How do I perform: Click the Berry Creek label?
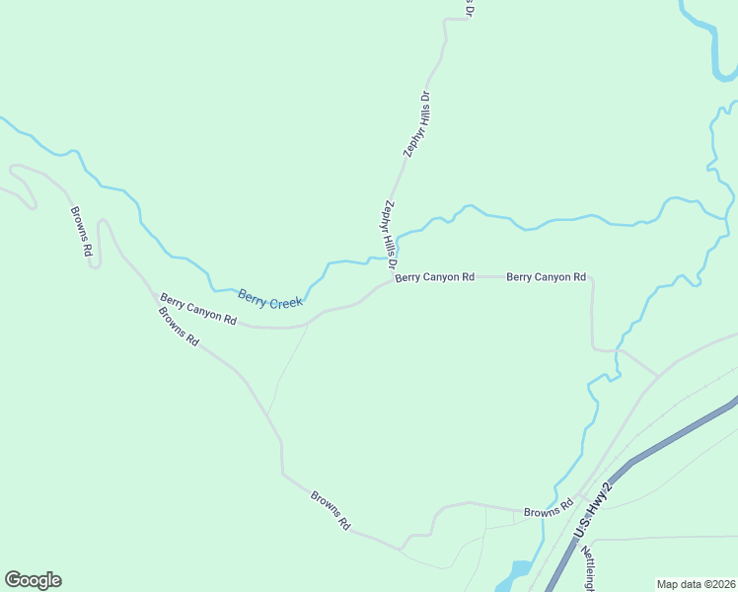coord(269,299)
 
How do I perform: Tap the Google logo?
coord(33,579)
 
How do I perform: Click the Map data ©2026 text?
coord(696,583)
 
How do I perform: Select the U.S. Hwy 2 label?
coord(593,509)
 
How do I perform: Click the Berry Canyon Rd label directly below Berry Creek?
coord(198,309)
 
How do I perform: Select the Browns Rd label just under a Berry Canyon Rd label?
coord(179,327)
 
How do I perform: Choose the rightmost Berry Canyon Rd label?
coord(546,277)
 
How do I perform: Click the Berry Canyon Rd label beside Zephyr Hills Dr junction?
coord(435,277)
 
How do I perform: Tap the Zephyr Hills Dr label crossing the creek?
coord(389,235)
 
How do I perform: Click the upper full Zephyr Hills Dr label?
coord(418,124)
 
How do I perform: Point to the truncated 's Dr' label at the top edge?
coord(469,8)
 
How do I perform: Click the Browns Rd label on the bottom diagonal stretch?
coord(331,511)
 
